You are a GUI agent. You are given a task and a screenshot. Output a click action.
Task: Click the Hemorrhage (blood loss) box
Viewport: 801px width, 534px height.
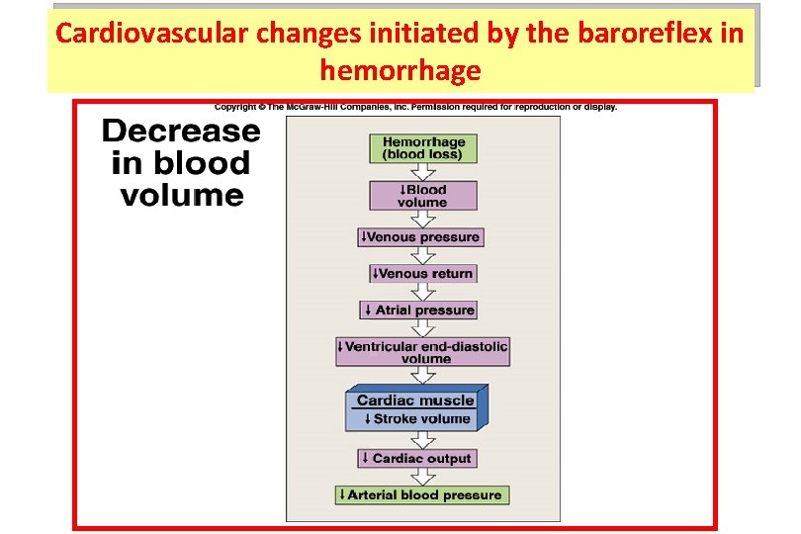tap(423, 148)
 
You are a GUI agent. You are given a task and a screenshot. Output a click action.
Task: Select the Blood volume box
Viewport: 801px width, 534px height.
tap(423, 196)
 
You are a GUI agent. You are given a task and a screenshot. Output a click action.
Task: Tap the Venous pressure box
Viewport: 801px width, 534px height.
tap(420, 237)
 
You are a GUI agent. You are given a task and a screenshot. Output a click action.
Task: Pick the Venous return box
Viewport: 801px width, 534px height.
tap(423, 273)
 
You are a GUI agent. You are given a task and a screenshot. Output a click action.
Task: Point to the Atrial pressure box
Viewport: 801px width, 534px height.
tap(418, 310)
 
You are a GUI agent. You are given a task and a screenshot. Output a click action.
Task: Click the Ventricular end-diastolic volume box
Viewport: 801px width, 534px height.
tap(423, 352)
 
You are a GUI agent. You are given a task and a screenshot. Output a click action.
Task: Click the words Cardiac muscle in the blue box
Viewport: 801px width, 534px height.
tap(415, 400)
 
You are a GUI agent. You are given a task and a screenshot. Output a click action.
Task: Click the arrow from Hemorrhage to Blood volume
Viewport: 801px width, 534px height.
tap(423, 172)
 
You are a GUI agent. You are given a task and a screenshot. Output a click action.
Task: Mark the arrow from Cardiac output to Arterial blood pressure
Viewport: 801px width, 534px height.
tap(423, 477)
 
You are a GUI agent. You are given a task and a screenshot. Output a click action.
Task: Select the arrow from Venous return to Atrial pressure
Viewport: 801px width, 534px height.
tap(423, 292)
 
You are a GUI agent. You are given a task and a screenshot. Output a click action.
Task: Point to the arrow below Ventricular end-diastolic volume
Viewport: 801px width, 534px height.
tap(423, 375)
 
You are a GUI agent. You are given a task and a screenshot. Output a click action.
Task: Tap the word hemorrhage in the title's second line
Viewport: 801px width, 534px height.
tap(400, 71)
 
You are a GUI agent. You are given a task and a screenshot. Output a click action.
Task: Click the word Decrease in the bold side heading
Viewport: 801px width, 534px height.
tap(181, 132)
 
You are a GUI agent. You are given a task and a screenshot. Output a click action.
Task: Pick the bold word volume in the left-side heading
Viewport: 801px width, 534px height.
tap(181, 195)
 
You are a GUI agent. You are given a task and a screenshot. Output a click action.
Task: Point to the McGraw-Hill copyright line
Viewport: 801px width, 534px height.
tap(416, 107)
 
